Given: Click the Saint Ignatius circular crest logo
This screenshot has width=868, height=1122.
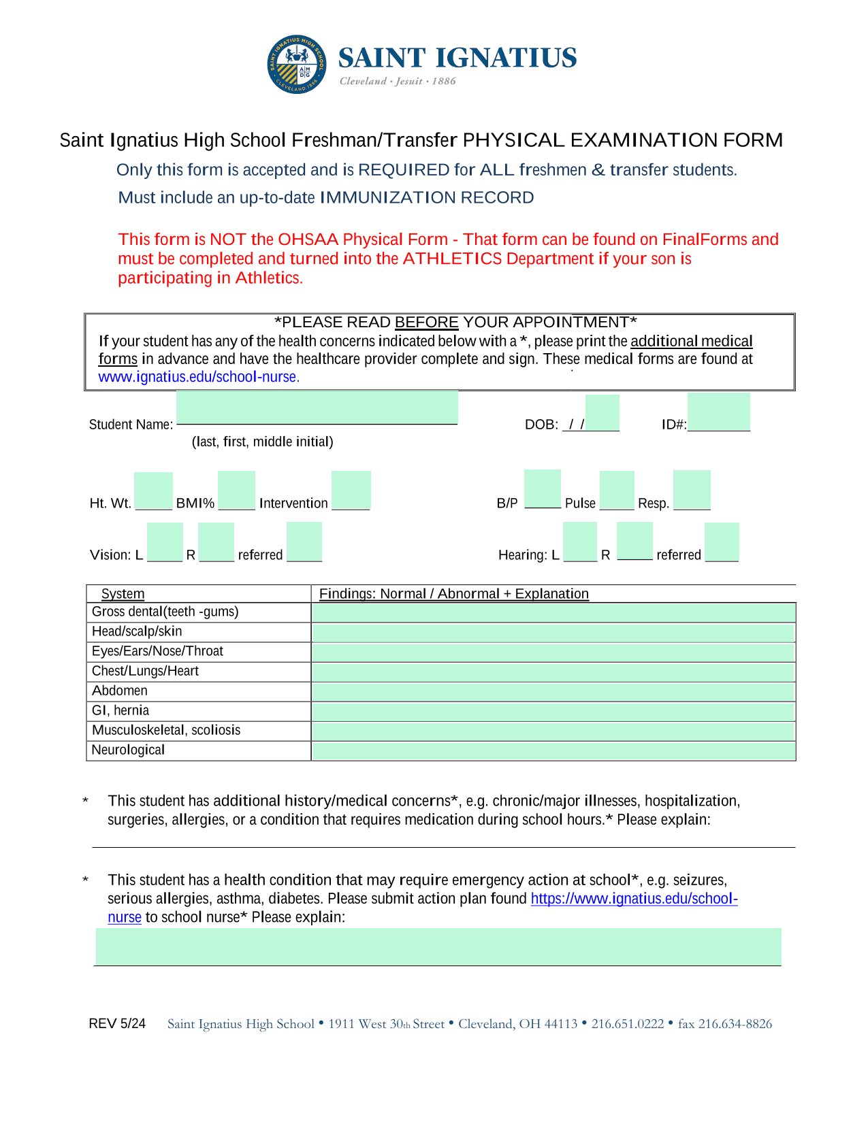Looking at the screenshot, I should tap(297, 65).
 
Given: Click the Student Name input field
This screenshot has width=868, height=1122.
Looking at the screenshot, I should tap(317, 408).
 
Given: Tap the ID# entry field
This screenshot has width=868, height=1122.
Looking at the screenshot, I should tap(718, 412).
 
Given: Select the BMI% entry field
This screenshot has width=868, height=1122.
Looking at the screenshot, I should tap(236, 490).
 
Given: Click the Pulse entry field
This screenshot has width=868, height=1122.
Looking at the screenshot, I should tap(617, 490).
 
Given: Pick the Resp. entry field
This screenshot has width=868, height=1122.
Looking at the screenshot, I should tap(692, 490).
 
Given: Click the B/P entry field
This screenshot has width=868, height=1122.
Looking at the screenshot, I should tap(543, 489).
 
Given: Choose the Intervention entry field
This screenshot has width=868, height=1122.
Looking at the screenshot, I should tap(351, 490).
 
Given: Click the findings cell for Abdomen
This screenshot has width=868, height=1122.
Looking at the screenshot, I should tap(553, 692).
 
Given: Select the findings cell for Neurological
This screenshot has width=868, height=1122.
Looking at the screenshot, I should tap(553, 751).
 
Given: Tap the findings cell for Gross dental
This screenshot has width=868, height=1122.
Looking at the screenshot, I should tap(553, 612).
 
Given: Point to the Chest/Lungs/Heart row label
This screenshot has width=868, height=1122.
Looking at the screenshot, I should tap(145, 672).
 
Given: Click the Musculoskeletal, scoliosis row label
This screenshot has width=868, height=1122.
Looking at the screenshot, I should tap(166, 731).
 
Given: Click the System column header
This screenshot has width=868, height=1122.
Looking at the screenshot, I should tap(123, 594).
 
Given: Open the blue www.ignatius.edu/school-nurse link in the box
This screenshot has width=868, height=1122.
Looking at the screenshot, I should tap(198, 377).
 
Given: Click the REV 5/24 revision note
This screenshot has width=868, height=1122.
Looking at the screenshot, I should tap(117, 1024).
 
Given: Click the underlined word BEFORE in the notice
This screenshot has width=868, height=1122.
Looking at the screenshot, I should tap(426, 323).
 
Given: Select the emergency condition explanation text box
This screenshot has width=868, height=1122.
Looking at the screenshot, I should tap(438, 946).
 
